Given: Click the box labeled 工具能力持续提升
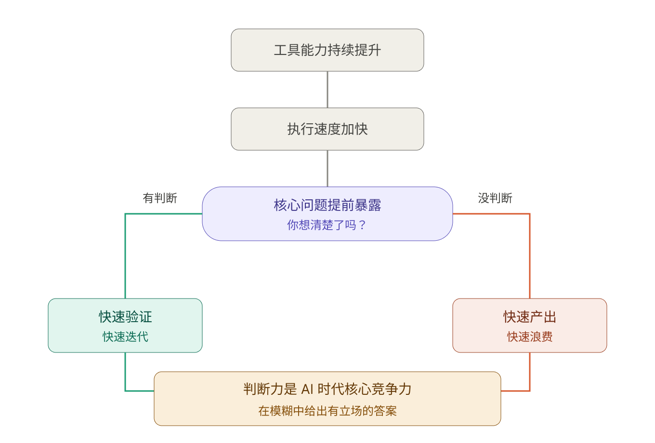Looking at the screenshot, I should [327, 50].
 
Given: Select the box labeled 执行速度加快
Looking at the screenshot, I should [327, 129].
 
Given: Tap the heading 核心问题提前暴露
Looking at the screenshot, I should [327, 206].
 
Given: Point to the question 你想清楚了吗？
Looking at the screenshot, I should [327, 225].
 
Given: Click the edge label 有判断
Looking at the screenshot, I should [160, 198].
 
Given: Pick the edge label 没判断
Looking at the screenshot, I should [495, 198].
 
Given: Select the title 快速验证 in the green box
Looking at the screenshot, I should [125, 317].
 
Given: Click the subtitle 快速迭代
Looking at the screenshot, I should [125, 337].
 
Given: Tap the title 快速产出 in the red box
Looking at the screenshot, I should [530, 317].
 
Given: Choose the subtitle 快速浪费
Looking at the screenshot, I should [530, 337].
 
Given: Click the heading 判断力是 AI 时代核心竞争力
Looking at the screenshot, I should [327, 389].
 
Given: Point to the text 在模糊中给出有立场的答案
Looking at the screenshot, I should [327, 411].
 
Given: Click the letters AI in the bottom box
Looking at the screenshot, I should [307, 389].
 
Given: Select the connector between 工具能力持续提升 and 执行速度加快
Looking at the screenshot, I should [327, 90].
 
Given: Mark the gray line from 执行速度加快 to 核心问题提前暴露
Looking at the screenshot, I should [327, 169].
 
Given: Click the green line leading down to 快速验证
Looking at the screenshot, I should [125, 255].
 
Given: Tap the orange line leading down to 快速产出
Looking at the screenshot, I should [530, 255].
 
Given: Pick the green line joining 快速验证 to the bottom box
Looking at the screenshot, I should [125, 373].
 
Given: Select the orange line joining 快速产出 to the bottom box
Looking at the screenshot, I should [530, 373].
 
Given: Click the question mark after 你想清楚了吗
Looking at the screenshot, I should [363, 225].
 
